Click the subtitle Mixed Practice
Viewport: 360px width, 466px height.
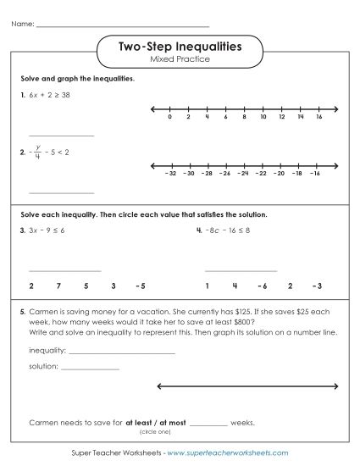tap(179, 59)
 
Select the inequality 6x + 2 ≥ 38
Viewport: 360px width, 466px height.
tap(49, 96)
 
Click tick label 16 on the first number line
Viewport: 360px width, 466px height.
tap(318, 117)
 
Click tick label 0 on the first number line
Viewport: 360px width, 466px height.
tap(169, 117)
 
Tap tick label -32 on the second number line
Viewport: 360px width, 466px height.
tap(169, 173)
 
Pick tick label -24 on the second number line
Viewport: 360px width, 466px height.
tap(243, 173)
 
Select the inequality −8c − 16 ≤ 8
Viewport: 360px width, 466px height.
tap(230, 230)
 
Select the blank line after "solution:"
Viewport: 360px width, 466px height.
tap(90, 368)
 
